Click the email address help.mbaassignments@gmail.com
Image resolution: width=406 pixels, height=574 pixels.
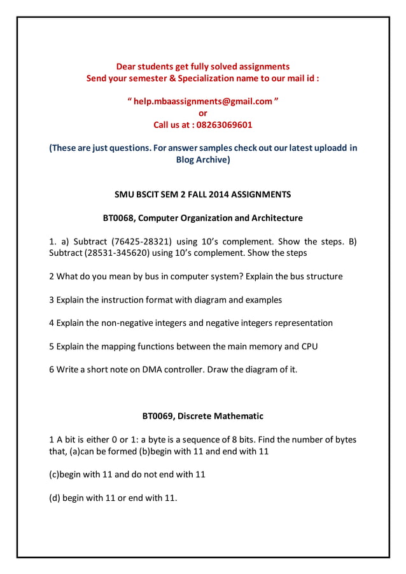[x=203, y=102]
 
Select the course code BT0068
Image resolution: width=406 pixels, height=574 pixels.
[x=118, y=218]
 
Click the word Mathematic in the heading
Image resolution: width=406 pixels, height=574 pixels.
[x=238, y=416]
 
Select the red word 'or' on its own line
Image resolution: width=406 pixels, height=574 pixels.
[x=203, y=113]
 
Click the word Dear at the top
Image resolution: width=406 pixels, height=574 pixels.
[x=127, y=66]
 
